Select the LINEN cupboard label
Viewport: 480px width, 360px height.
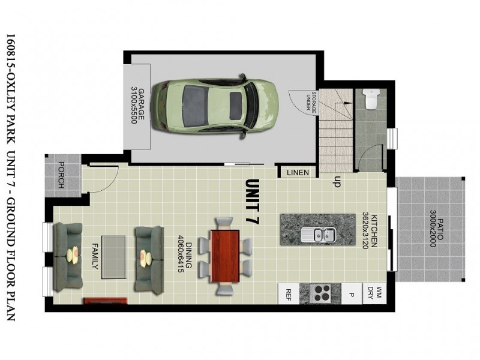click(x=298, y=173)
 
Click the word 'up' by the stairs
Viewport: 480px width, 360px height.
click(x=337, y=181)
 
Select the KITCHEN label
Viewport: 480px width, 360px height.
click(x=373, y=232)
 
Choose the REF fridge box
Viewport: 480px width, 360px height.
click(x=289, y=294)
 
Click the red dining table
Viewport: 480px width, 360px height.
click(x=225, y=256)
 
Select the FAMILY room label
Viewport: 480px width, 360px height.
click(x=95, y=257)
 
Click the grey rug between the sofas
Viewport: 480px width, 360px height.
click(x=113, y=257)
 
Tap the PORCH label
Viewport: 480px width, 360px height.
click(x=61, y=175)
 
